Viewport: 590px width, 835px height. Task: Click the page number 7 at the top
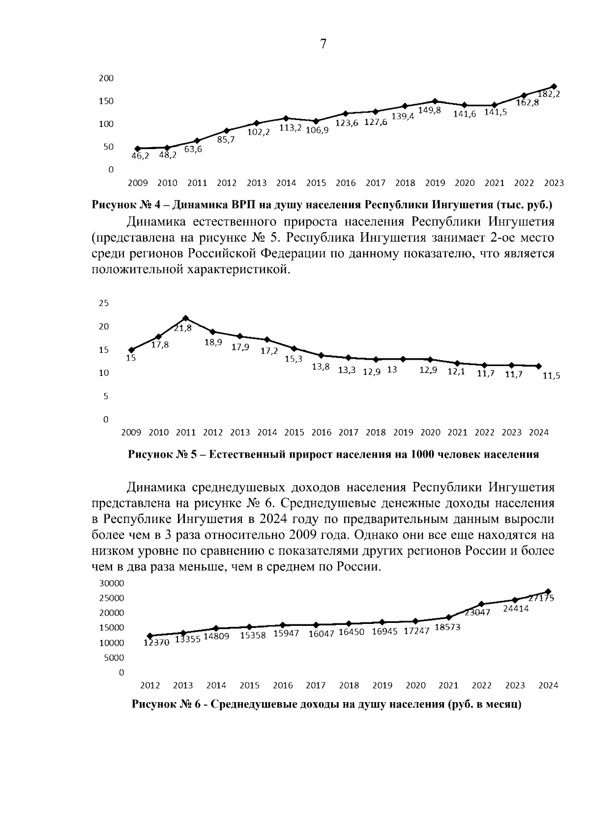tap(323, 44)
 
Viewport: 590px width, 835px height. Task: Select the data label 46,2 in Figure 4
tap(140, 156)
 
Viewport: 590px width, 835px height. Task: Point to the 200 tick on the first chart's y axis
tap(106, 78)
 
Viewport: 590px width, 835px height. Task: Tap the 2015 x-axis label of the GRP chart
tap(316, 183)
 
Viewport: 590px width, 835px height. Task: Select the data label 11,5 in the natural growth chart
tap(551, 376)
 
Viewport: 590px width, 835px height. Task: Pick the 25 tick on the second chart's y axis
tap(104, 303)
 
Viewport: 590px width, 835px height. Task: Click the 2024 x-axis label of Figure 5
tap(538, 433)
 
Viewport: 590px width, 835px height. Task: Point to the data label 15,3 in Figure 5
tap(294, 359)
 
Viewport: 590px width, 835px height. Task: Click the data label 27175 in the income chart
tap(541, 598)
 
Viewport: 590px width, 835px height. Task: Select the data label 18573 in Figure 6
tap(448, 627)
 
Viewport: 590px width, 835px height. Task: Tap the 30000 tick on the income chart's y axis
tap(112, 583)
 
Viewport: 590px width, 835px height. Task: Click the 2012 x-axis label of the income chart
tap(150, 685)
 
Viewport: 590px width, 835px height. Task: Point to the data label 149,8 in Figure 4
tap(429, 111)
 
